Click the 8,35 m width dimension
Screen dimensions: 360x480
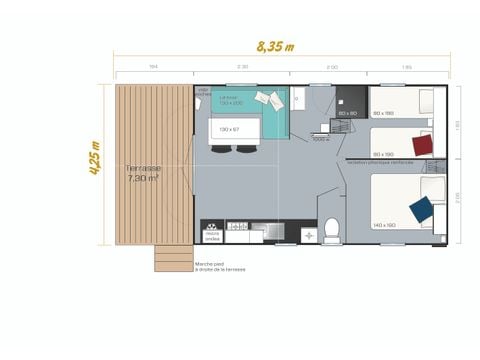pyautogui.click(x=275, y=45)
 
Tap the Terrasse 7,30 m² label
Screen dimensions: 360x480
pyautogui.click(x=143, y=173)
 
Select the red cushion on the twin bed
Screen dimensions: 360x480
pyautogui.click(x=422, y=145)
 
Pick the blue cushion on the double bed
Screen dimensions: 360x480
pyautogui.click(x=421, y=209)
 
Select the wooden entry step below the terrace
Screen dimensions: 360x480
pyautogui.click(x=173, y=258)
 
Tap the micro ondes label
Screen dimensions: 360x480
pyautogui.click(x=212, y=236)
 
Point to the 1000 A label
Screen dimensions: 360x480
pyautogui.click(x=321, y=139)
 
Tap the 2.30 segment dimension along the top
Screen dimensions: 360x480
pyautogui.click(x=242, y=66)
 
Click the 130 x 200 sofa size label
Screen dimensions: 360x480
pyautogui.click(x=231, y=102)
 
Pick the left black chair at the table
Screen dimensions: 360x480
pyautogui.click(x=219, y=149)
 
